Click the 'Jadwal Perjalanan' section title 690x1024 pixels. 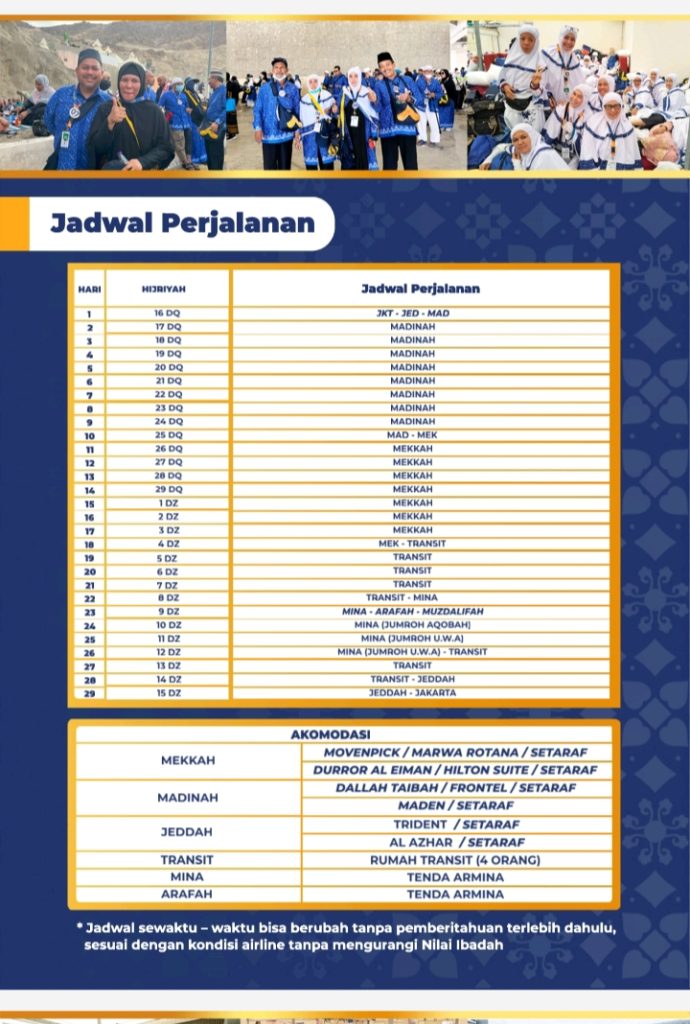182,222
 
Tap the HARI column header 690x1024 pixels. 89,289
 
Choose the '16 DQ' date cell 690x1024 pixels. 167,313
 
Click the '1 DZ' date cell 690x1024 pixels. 167,503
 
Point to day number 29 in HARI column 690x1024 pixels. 89,692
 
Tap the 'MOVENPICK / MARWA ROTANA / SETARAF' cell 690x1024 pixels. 455,752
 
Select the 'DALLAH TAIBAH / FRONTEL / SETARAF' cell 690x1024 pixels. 455,788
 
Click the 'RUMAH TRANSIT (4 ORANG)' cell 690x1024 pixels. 455,860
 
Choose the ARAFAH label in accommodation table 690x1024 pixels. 187,894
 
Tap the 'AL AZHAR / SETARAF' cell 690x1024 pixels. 455,842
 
